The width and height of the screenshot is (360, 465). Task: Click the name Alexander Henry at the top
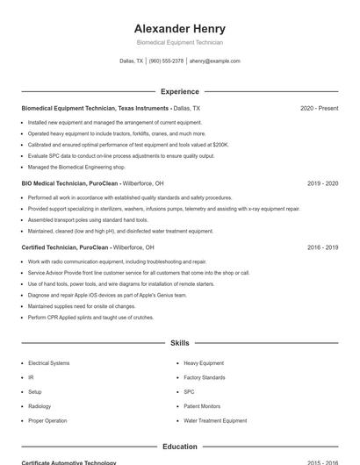point(179,29)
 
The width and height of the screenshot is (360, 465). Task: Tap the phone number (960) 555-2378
point(166,61)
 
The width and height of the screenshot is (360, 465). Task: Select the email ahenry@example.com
point(215,61)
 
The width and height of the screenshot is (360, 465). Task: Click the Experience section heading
point(179,91)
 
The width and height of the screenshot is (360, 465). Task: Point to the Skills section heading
point(179,343)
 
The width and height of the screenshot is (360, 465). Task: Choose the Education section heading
point(179,447)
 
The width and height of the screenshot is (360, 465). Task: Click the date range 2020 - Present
point(319,109)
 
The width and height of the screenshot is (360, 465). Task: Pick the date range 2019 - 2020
point(323,184)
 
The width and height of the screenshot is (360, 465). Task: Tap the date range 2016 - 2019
point(323,248)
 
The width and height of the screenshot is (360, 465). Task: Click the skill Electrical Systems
point(49,363)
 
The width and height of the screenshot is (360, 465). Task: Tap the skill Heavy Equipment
point(204,363)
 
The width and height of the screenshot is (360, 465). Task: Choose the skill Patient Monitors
point(202,406)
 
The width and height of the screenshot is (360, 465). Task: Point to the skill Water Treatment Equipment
point(215,421)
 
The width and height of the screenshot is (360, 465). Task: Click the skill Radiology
point(40,406)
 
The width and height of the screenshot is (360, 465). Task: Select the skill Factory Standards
point(205,377)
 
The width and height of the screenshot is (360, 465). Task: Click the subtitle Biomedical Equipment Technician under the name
point(179,43)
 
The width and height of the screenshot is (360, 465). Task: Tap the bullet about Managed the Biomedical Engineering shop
point(76,167)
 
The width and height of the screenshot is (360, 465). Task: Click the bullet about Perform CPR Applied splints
point(84,317)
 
